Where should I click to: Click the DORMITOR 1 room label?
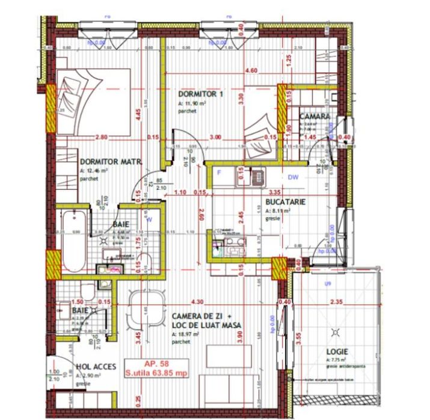(201, 95)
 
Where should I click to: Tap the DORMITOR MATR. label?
(111, 162)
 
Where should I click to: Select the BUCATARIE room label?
(286, 202)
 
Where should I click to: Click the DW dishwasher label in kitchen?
(293, 177)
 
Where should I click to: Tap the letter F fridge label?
(220, 175)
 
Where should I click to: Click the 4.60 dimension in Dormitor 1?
(251, 71)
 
